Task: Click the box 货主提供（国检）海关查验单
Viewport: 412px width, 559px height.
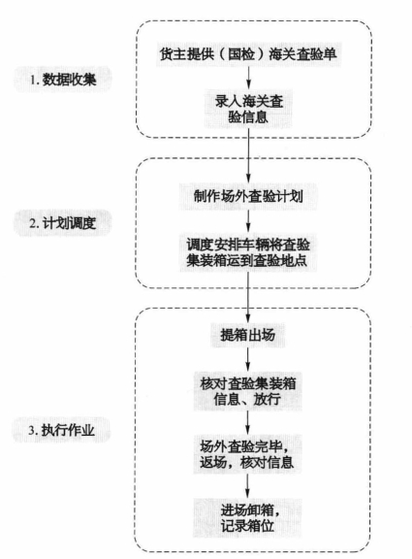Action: click(x=248, y=54)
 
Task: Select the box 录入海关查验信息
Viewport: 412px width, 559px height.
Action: click(x=248, y=109)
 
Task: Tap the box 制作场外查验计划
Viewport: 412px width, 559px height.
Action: click(x=248, y=196)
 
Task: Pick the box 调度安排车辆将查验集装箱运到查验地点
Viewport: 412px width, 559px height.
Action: click(x=248, y=252)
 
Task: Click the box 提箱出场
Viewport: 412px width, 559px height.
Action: click(x=248, y=335)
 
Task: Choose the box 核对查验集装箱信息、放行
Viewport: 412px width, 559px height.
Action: click(x=248, y=391)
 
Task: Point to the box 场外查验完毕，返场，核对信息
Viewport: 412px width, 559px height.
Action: click(x=248, y=454)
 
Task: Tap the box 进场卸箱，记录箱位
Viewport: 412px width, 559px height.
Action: click(x=248, y=518)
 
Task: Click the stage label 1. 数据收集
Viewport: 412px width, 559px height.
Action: click(x=63, y=80)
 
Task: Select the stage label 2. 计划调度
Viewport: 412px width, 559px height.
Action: click(x=63, y=223)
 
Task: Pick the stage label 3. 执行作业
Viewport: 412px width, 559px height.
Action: click(x=62, y=430)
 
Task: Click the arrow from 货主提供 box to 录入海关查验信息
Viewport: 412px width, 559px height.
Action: click(x=248, y=78)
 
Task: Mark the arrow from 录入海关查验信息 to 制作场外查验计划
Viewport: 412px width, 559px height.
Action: click(x=248, y=156)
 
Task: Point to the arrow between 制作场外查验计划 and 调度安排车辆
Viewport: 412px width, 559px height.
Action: click(x=248, y=221)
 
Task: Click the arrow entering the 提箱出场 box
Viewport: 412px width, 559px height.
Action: click(x=248, y=298)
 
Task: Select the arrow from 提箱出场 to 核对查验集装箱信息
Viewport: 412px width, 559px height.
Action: click(x=248, y=360)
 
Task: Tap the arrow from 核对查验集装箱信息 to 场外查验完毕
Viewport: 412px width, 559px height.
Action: click(x=248, y=423)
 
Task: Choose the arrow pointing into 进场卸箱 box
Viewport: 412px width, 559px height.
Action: click(x=248, y=486)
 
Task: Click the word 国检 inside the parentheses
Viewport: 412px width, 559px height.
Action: click(x=241, y=54)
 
